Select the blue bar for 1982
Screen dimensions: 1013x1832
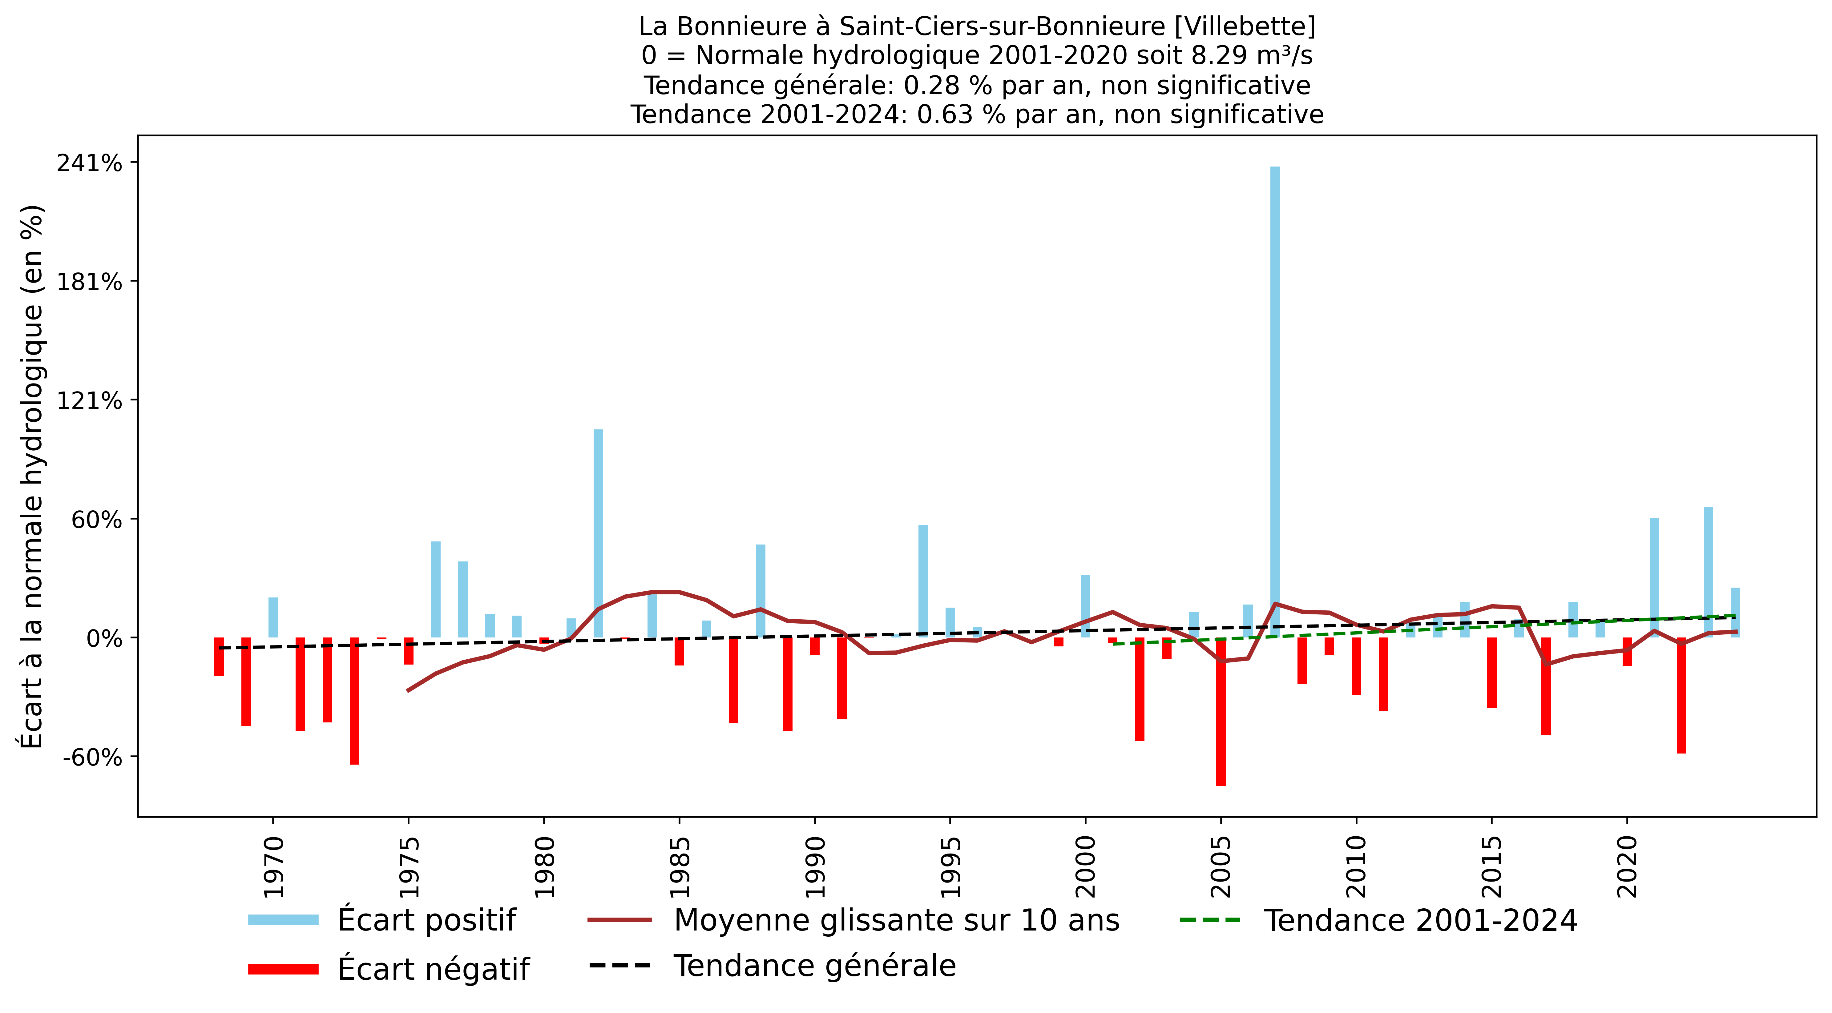598,533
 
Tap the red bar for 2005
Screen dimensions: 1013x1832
1221,711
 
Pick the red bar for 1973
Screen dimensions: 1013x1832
354,700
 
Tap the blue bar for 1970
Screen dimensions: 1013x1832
273,617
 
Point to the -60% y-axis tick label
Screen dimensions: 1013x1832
92,757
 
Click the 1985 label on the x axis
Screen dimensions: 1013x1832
679,867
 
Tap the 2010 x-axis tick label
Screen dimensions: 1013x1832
1356,867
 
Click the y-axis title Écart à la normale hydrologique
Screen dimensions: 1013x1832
32,476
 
